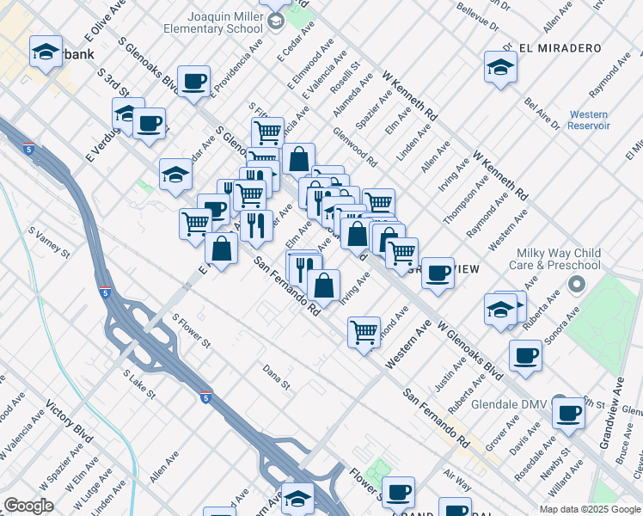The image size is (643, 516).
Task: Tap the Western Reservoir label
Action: click(588, 120)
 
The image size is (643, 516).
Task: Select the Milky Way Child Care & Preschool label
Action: click(558, 260)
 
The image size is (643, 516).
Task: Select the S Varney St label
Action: click(49, 243)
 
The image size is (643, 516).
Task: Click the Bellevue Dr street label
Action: click(479, 15)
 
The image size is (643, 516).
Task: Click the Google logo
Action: click(28, 506)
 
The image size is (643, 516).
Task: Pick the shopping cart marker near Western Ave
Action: click(364, 331)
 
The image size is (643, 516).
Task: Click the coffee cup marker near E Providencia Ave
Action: click(195, 82)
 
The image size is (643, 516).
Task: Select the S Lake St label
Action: click(138, 384)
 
